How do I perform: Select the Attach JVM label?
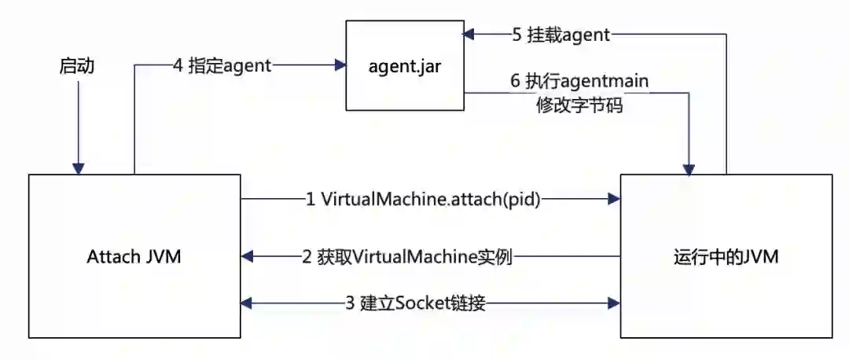135,256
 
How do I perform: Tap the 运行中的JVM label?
726,256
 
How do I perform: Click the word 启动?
77,66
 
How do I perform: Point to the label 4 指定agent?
222,66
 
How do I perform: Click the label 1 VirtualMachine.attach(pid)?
423,200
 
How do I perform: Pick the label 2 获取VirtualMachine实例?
407,256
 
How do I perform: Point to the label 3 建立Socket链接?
414,302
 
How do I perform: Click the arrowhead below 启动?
77,168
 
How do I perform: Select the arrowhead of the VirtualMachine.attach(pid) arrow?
614,200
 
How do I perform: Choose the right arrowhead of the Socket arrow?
614,302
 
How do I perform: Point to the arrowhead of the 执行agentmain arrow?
689,168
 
